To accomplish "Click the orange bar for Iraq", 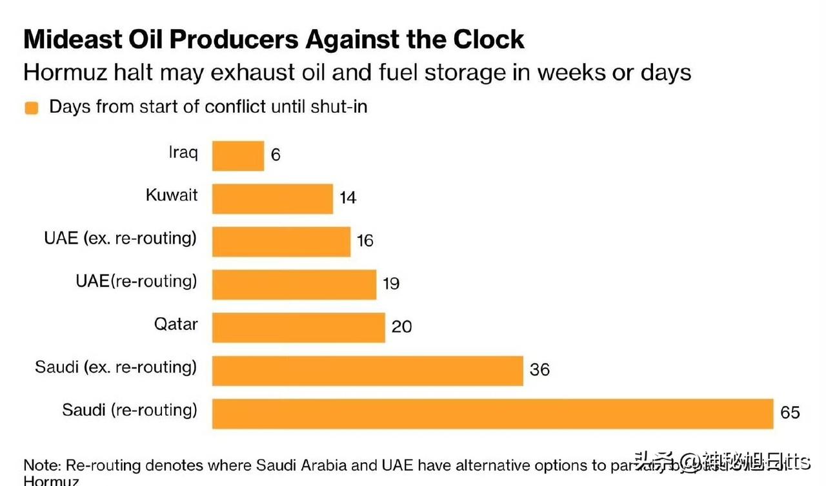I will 238,156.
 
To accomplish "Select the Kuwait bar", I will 272,199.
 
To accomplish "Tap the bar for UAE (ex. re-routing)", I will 281,241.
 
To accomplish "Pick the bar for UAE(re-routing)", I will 294,284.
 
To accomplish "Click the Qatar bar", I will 298,327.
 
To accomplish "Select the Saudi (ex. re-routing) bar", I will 367,370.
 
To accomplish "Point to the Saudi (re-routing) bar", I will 492,413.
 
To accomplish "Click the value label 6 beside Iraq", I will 276,155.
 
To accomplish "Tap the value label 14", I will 348,198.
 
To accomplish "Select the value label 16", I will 365,240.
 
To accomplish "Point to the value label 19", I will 390,284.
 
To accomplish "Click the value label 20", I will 401,327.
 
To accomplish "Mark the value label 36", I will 539,369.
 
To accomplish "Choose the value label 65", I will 790,413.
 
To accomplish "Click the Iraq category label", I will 183,152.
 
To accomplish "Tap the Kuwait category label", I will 172,195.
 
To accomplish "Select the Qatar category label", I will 176,324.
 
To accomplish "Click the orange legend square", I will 31,108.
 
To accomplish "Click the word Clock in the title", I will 488,39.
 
